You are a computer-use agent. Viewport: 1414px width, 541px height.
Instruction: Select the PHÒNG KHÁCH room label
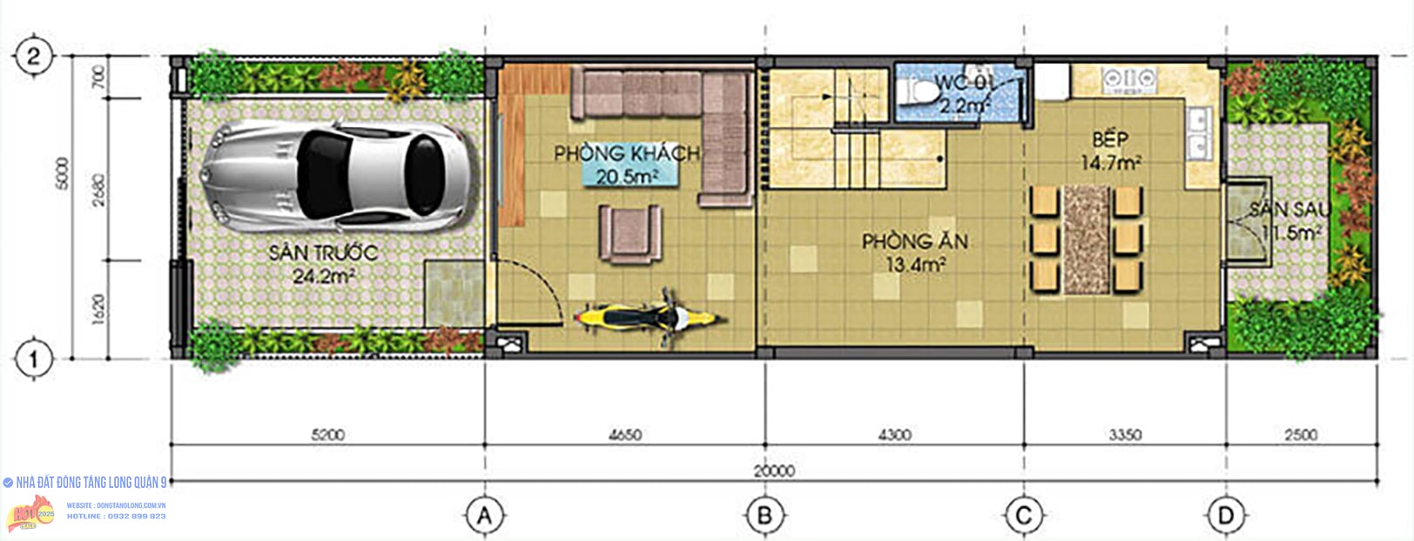(x=627, y=153)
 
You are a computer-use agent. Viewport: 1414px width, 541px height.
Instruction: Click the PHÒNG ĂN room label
(x=915, y=241)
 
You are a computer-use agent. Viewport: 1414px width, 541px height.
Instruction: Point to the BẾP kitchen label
(x=1110, y=139)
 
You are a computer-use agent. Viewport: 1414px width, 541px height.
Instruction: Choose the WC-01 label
(x=965, y=84)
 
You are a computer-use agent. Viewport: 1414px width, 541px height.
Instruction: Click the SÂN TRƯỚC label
(x=323, y=254)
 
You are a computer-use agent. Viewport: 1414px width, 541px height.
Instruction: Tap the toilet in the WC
(x=915, y=90)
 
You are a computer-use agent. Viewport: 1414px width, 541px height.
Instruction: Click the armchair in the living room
(x=630, y=232)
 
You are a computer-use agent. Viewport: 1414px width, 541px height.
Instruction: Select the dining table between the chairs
(x=1086, y=238)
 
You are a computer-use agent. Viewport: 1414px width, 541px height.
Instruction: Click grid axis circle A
(x=485, y=516)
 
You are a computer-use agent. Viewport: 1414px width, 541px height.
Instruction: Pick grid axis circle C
(x=1024, y=516)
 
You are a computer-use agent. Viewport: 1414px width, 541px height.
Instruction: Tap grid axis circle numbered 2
(x=34, y=57)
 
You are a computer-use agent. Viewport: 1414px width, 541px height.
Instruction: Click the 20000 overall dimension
(x=774, y=470)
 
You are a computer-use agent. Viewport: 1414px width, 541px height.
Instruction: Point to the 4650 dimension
(x=625, y=435)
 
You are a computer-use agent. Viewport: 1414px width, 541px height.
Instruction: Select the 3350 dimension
(x=1125, y=435)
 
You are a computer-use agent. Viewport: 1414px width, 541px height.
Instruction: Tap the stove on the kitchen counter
(x=1128, y=80)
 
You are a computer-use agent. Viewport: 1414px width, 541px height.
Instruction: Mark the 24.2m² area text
(x=323, y=277)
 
